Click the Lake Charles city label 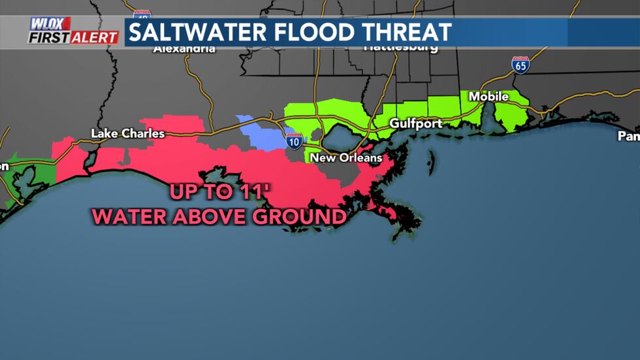pos(127,134)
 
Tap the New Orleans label pos(345,158)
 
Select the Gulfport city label pos(415,123)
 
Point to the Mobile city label pos(488,97)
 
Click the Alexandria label pos(184,48)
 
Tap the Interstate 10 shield pos(294,141)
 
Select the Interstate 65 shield pos(520,64)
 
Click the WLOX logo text pos(50,24)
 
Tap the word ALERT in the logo pos(95,37)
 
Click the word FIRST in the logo pos(48,37)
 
